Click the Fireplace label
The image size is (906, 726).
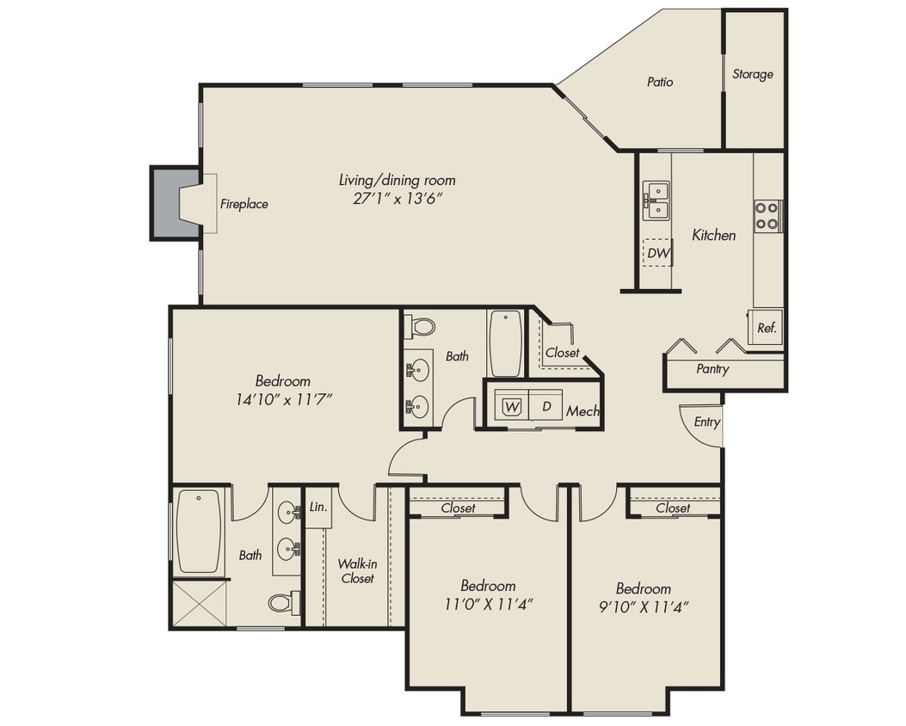click(x=243, y=205)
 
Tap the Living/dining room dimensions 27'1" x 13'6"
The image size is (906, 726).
click(x=397, y=198)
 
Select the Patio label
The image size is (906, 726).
click(x=660, y=83)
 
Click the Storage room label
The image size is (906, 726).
click(x=753, y=75)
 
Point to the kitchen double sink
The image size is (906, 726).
click(x=656, y=200)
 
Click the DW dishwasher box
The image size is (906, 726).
click(x=659, y=252)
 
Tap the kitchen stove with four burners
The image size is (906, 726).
click(x=767, y=216)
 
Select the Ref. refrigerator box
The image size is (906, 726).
click(x=766, y=328)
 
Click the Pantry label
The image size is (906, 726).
click(x=712, y=369)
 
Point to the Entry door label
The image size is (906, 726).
click(x=706, y=422)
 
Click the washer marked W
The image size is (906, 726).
click(x=512, y=407)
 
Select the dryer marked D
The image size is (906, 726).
click(x=546, y=406)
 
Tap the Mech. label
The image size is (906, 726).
click(x=582, y=412)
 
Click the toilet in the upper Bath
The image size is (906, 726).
click(x=421, y=326)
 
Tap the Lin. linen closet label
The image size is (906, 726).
click(x=317, y=508)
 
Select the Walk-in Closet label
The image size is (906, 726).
click(x=357, y=571)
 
